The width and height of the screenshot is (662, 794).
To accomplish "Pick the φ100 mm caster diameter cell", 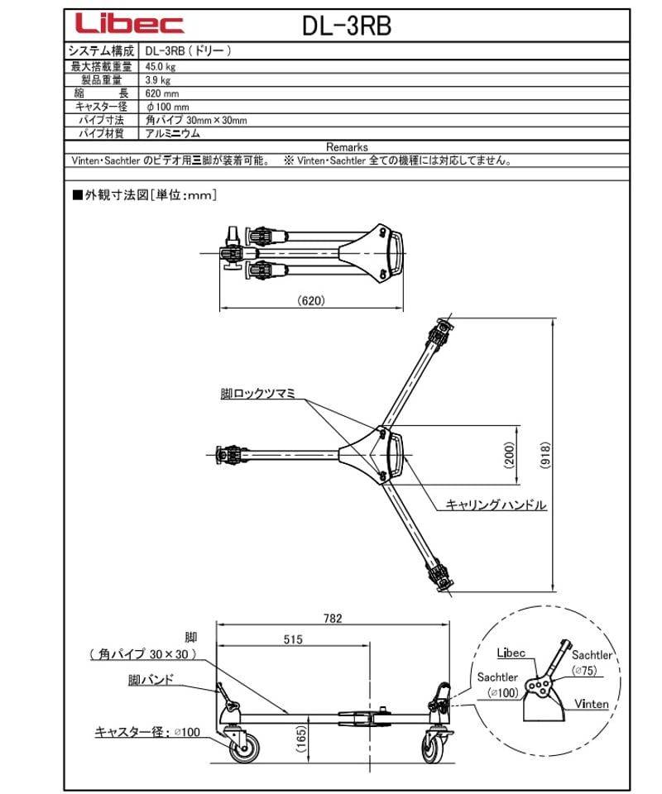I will pyautogui.click(x=167, y=107).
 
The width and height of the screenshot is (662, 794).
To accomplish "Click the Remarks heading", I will pyautogui.click(x=347, y=146).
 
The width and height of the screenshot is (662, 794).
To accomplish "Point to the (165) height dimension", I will pyautogui.click(x=305, y=736).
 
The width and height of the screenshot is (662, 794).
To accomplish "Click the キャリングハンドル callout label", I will pyautogui.click(x=496, y=504).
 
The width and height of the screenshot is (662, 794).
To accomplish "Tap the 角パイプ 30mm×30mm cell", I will pyautogui.click(x=195, y=120).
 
